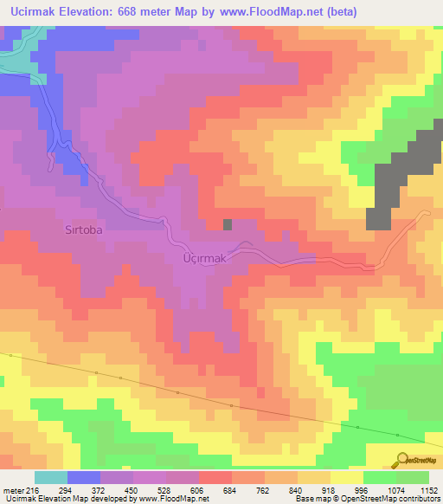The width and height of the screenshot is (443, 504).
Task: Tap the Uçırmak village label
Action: pos(204,258)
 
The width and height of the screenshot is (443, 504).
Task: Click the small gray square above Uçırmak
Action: pos(228,225)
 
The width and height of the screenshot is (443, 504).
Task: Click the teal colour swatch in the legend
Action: pos(50,477)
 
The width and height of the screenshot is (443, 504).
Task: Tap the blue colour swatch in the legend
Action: pos(84,477)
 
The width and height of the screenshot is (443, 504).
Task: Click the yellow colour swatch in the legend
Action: pos(346,477)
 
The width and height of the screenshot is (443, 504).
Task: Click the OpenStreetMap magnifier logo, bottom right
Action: pos(402,459)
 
